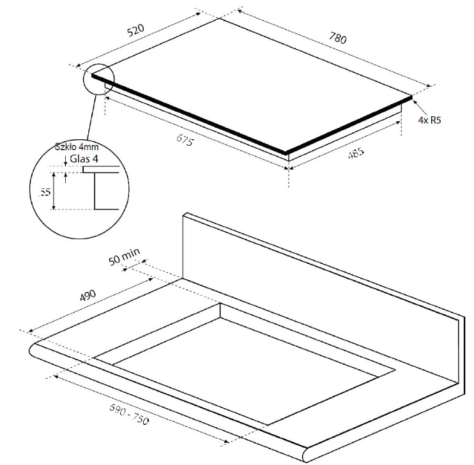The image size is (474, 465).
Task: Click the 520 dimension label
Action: [x=135, y=30]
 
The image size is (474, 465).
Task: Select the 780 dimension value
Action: [x=338, y=38]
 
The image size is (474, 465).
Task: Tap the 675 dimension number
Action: [x=185, y=140]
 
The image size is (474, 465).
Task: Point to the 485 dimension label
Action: [x=356, y=153]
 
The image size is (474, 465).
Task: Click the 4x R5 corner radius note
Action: [x=429, y=120]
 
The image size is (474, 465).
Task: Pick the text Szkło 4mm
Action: [x=77, y=147]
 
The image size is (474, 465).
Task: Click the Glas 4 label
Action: [x=84, y=159]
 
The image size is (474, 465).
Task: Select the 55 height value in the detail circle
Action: [x=45, y=192]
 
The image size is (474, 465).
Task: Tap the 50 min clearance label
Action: [x=124, y=256]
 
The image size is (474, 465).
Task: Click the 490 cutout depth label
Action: [x=88, y=295]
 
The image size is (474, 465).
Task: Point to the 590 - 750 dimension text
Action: [x=129, y=414]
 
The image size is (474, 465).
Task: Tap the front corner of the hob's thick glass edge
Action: [x=286, y=153]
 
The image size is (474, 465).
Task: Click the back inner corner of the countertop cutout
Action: [x=220, y=303]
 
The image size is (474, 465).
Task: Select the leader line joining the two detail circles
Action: [x=91, y=118]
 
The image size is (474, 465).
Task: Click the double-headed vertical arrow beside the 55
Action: [x=54, y=191]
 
